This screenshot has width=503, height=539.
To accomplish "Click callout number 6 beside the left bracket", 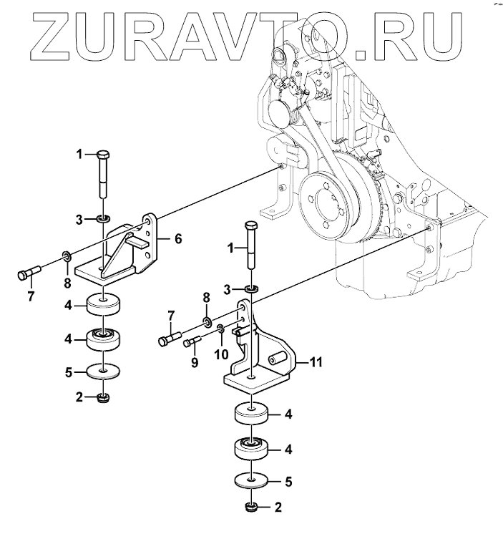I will click(177, 238).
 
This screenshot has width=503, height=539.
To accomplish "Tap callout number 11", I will click(316, 363).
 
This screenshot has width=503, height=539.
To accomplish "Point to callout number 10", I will click(223, 354).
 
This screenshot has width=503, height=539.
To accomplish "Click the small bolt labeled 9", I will click(191, 342).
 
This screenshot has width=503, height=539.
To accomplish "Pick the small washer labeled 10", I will click(221, 329).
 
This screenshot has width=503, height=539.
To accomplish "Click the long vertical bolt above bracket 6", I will click(104, 176).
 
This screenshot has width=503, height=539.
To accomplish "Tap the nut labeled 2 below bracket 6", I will click(104, 398).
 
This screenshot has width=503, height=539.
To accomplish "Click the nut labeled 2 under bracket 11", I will click(251, 508).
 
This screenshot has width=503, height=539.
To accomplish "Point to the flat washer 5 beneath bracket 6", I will click(104, 372).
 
